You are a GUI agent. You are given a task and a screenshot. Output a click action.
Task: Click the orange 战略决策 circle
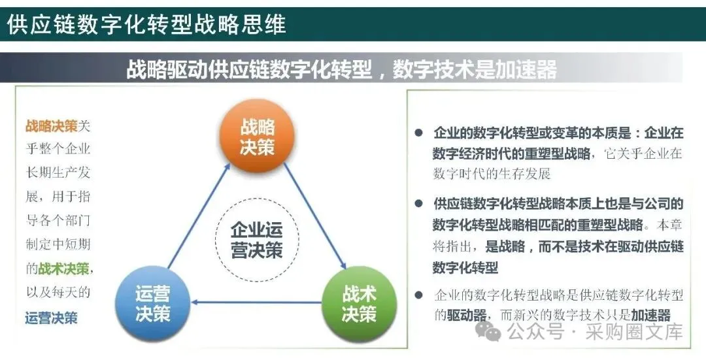(257, 135)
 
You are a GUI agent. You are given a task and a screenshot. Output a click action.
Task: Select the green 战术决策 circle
(360, 304)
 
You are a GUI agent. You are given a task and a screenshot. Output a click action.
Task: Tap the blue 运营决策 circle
(152, 304)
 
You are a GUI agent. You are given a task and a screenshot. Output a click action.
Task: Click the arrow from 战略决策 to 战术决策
(314, 216)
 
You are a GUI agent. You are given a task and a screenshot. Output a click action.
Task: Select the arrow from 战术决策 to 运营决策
(256, 302)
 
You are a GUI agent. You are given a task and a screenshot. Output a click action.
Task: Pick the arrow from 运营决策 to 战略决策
(199, 216)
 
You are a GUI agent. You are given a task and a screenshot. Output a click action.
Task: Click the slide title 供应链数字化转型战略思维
(146, 24)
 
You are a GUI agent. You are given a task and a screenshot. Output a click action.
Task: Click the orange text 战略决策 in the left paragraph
(52, 126)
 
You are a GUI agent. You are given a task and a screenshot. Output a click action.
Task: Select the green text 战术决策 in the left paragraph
(64, 269)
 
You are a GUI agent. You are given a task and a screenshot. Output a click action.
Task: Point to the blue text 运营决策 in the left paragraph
(52, 318)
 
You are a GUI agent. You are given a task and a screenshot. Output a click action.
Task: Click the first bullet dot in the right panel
(419, 133)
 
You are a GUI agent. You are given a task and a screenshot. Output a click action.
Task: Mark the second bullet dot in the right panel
(419, 204)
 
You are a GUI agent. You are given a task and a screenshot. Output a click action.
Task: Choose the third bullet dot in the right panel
(419, 295)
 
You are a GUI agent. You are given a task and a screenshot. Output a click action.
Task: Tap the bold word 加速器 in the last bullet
(651, 315)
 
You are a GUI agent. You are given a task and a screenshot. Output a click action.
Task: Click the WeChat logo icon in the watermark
(488, 332)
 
